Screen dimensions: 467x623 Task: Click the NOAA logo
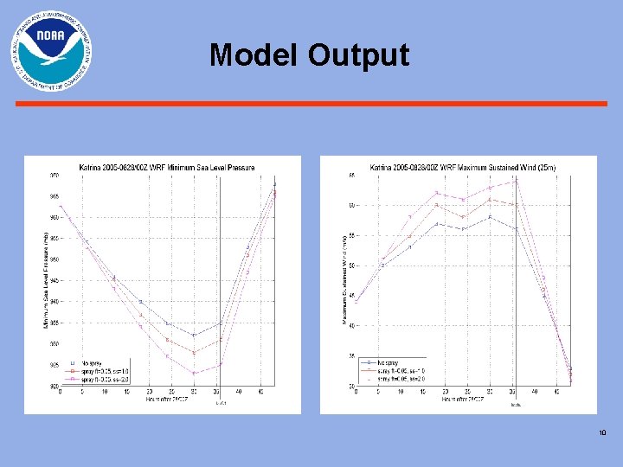click(x=51, y=51)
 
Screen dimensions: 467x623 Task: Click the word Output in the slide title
click(x=356, y=55)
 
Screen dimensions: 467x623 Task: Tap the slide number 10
click(x=602, y=433)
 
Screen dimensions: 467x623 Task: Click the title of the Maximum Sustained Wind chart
click(x=463, y=167)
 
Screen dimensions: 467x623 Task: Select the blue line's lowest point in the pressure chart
click(x=194, y=335)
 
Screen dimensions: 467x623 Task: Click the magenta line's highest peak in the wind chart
click(x=516, y=180)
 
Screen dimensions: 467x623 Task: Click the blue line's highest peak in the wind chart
click(x=490, y=217)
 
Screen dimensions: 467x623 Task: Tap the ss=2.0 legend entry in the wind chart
click(x=398, y=377)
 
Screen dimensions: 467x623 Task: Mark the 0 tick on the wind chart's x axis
click(x=356, y=392)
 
